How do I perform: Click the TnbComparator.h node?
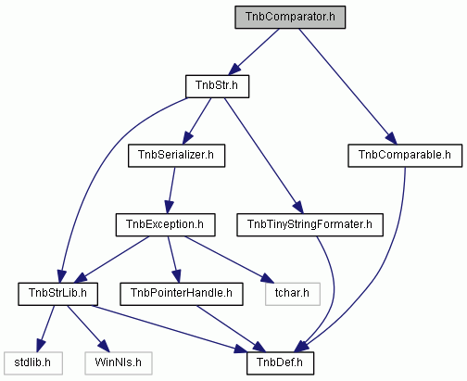pyautogui.click(x=290, y=18)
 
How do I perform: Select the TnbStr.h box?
pyautogui.click(x=217, y=86)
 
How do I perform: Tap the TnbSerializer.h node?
pyautogui.click(x=176, y=156)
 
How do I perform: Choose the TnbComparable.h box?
pyautogui.click(x=405, y=156)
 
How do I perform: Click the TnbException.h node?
pyautogui.click(x=165, y=225)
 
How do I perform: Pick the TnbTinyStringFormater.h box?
pyautogui.click(x=309, y=225)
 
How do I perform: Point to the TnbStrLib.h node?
pyautogui.click(x=57, y=294)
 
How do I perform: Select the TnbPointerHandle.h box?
pyautogui.click(x=182, y=294)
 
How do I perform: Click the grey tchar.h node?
pyautogui.click(x=293, y=294)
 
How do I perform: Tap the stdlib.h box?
pyautogui.click(x=33, y=363)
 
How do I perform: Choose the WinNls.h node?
pyautogui.click(x=119, y=363)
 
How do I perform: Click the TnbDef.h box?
pyautogui.click(x=280, y=363)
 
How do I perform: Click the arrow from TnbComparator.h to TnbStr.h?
pyautogui.click(x=254, y=52)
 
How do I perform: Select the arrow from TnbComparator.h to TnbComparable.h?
pyautogui.click(x=347, y=86)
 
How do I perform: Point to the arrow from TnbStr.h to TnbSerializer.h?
pyautogui.click(x=196, y=121)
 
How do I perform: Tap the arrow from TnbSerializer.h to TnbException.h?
pyautogui.click(x=170, y=191)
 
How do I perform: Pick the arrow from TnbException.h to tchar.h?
pyautogui.click(x=229, y=260)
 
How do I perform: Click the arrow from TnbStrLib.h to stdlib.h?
pyautogui.click(x=45, y=329)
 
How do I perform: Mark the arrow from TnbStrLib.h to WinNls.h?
pyautogui.click(x=88, y=329)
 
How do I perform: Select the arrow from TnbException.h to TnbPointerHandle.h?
pyautogui.click(x=174, y=260)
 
